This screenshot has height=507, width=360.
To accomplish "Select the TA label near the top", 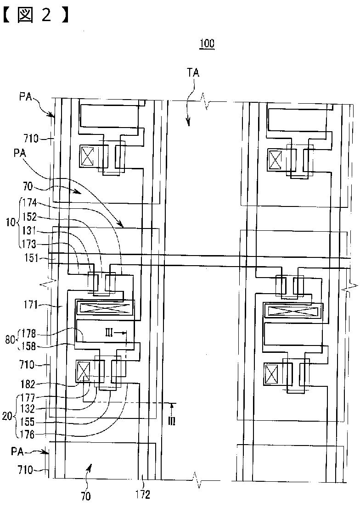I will tap(193, 72).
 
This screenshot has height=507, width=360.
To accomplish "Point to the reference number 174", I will tap(29, 202).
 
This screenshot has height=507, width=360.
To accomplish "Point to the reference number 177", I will tap(29, 397).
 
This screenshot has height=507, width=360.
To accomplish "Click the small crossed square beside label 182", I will tap(84, 371).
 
